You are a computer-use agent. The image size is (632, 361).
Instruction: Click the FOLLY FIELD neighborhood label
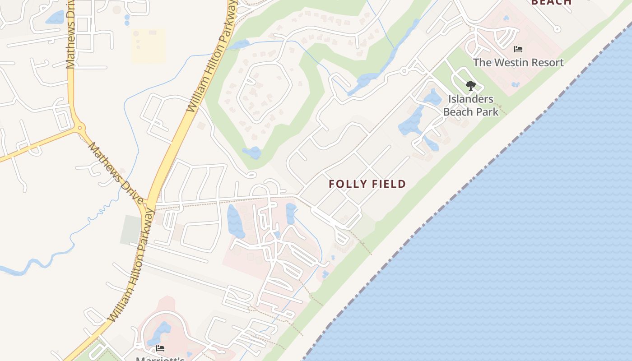coord(367,184)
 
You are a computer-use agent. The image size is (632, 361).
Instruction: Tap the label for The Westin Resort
coord(518,62)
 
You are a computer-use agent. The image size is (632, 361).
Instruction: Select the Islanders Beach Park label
coord(471,105)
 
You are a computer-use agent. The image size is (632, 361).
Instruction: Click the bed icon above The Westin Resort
coord(518,49)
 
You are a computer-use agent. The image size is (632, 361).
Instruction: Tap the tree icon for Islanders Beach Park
coord(470,85)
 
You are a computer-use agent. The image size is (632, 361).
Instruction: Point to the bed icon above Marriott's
coord(160,348)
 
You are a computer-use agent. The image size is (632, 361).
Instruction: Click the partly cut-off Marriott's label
coord(160,358)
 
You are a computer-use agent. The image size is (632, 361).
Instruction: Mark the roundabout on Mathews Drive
coord(81,128)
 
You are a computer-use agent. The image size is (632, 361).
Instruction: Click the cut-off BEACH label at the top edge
coord(551,2)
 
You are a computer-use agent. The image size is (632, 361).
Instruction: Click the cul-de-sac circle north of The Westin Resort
coord(558,29)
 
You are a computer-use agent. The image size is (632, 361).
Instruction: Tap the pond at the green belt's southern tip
coord(252,153)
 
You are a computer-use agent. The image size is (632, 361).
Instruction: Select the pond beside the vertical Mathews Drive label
coord(55,18)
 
